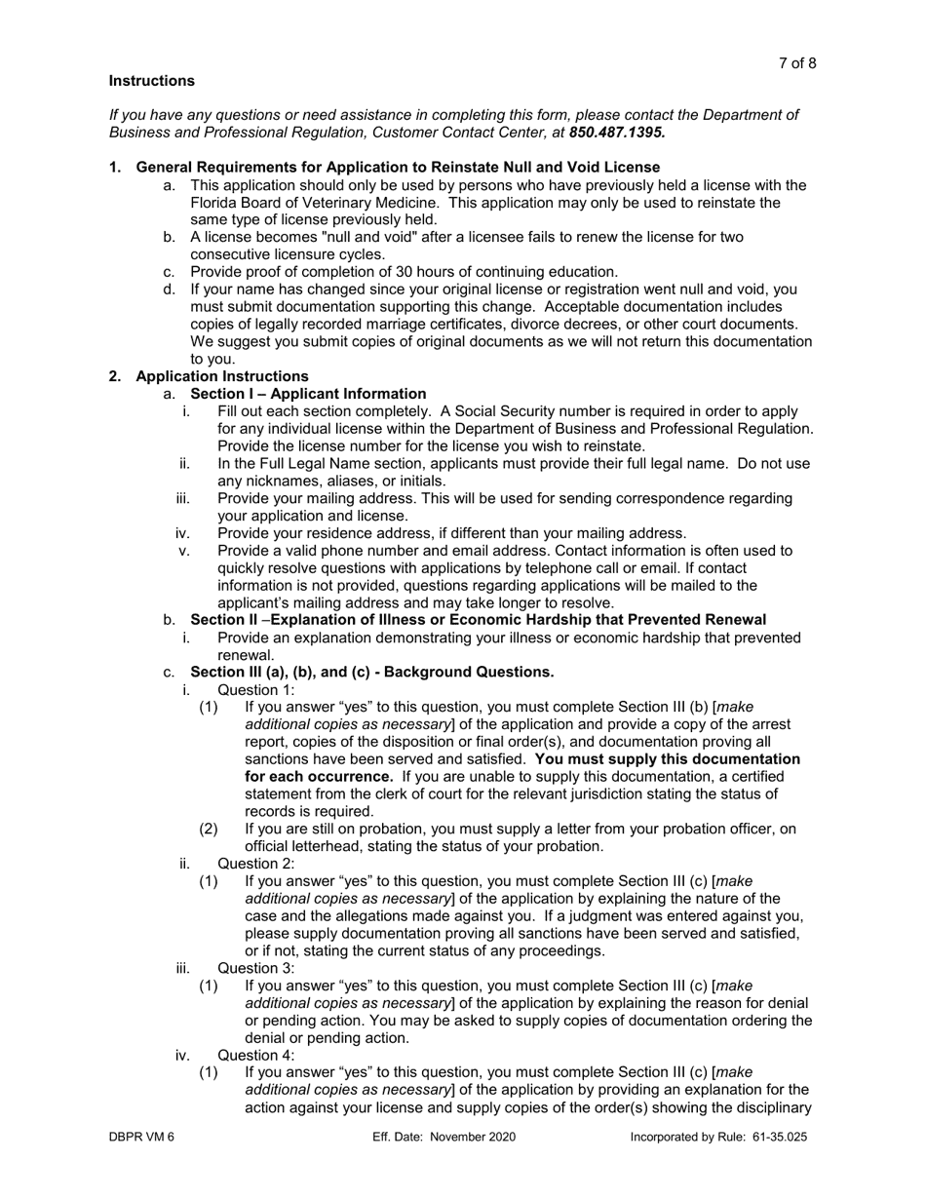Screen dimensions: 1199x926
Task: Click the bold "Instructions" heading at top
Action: coord(151,81)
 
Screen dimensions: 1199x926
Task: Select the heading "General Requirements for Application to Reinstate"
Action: coord(398,167)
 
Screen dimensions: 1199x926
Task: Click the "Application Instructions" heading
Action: coord(222,376)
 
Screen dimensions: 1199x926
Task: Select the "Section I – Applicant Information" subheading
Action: coord(308,394)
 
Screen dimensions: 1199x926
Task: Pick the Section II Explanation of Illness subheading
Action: coord(478,620)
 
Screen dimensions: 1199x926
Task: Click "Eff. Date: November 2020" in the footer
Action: coord(444,1137)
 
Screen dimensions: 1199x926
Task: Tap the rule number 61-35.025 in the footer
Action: coord(772,1137)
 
